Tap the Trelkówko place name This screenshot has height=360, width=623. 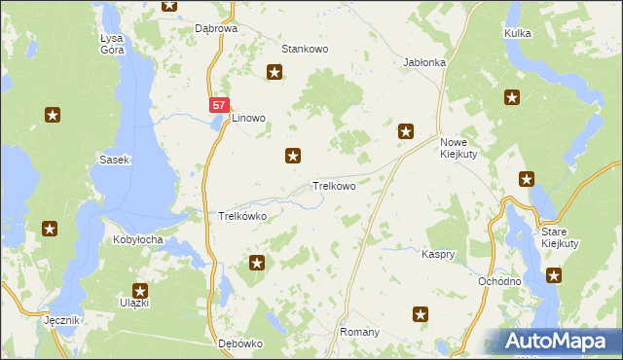pyautogui.click(x=242, y=216)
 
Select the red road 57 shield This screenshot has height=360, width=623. pyautogui.click(x=219, y=103)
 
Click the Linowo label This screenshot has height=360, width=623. pyautogui.click(x=248, y=119)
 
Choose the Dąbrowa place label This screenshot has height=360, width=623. pyautogui.click(x=216, y=29)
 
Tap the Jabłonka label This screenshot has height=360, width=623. pyautogui.click(x=424, y=62)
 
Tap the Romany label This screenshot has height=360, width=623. pyautogui.click(x=359, y=332)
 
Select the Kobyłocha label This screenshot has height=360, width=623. pyautogui.click(x=137, y=239)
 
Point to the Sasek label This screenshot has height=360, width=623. pyautogui.click(x=114, y=159)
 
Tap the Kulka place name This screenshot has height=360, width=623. pyautogui.click(x=518, y=33)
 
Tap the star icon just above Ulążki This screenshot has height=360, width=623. pyautogui.click(x=139, y=290)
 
